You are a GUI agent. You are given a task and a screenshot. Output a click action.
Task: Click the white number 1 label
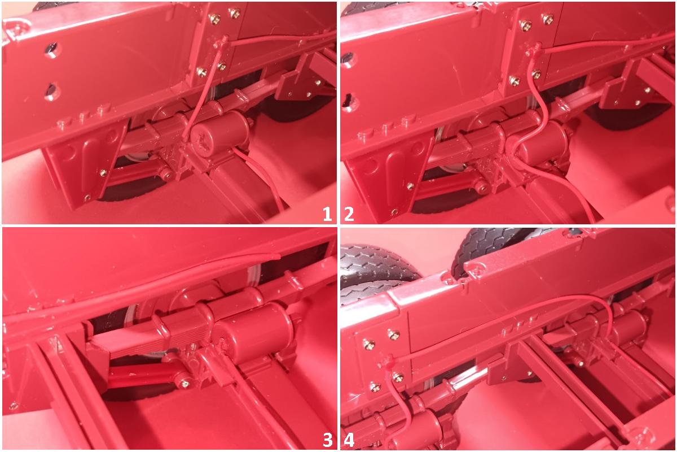[x=327, y=214]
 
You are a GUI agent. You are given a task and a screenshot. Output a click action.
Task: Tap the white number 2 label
[x=349, y=214]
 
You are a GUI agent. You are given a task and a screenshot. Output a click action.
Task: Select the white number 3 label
[x=327, y=440]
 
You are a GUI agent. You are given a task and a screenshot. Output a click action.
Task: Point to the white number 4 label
[x=349, y=440]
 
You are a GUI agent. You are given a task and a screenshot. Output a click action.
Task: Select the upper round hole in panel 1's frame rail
[x=52, y=49]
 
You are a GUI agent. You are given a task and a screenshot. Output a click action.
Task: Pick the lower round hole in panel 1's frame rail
[x=51, y=91]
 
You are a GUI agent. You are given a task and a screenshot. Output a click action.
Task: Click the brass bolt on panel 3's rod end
[x=184, y=384]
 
